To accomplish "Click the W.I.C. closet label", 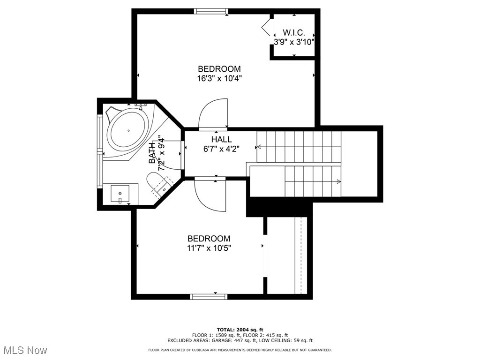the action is [294, 32].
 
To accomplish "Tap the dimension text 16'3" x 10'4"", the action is [219, 79].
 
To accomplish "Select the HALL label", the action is [221, 140].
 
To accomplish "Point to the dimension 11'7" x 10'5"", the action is [209, 248].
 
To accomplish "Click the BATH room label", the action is [152, 153].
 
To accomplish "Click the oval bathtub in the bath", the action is [128, 131].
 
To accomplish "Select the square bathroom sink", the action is [120, 194].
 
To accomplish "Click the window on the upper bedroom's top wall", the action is [211, 11].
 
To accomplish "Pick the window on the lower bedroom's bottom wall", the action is [209, 297].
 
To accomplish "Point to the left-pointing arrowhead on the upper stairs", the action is [259, 147].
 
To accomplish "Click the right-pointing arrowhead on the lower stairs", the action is [338, 181].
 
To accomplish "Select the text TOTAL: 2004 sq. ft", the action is [240, 330].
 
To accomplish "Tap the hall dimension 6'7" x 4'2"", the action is [221, 149].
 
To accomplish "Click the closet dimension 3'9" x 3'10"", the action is [294, 42].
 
